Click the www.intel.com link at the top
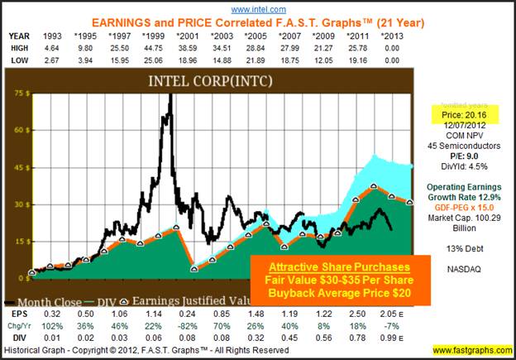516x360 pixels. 257,7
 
